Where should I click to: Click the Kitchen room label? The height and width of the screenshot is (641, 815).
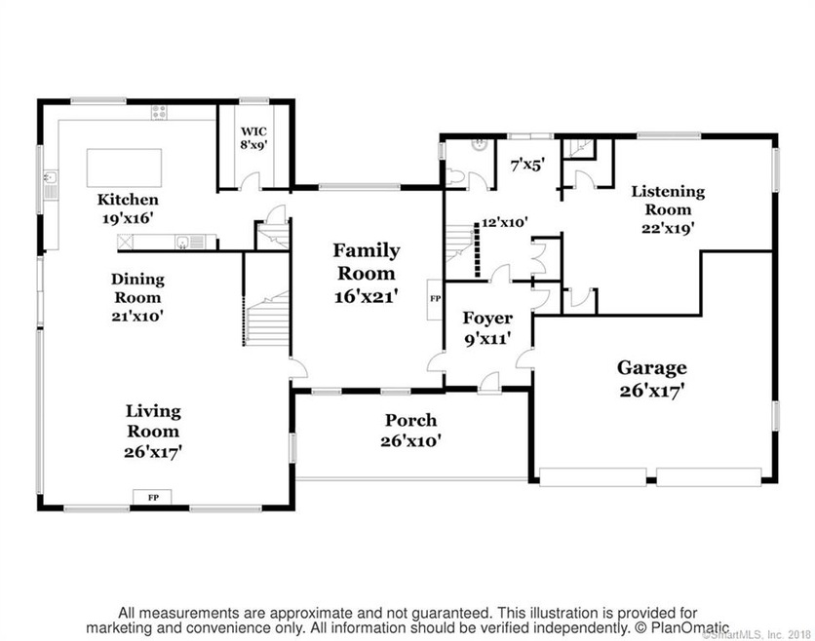[128, 200]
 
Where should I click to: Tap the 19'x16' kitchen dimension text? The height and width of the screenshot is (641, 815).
[128, 219]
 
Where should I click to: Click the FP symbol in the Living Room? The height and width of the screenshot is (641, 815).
[152, 498]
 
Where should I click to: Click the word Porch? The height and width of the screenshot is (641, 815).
[409, 421]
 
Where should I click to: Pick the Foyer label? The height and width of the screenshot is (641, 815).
[486, 319]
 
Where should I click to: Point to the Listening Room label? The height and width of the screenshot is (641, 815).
[668, 201]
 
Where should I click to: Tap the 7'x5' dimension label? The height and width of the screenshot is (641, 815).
[527, 167]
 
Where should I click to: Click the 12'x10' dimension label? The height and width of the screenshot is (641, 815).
[504, 222]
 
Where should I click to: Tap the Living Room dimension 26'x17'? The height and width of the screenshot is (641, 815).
[153, 452]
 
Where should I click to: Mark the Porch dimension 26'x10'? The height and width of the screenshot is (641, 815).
[409, 440]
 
